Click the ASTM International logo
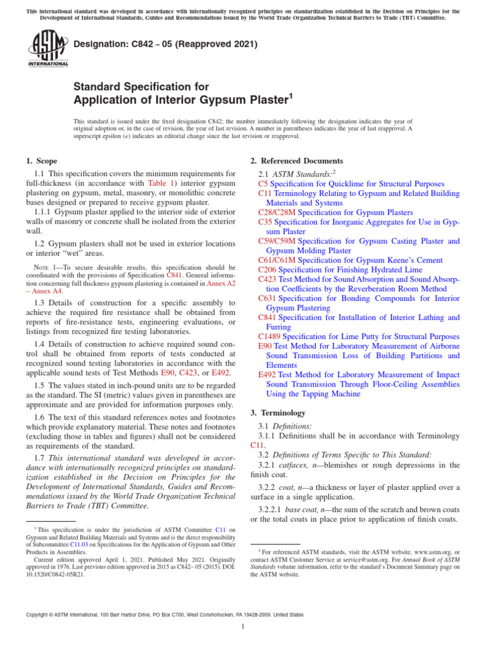click(47, 50)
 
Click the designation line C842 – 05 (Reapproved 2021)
click(166, 44)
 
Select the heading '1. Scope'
click(42, 161)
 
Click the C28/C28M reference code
click(277, 212)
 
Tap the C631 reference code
click(268, 298)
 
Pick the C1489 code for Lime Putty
click(270, 337)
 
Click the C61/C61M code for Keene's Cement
click(277, 260)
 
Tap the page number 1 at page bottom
click(243, 627)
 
